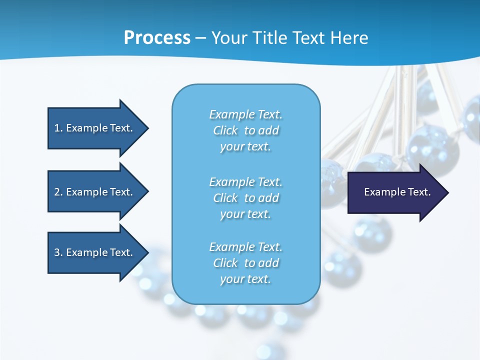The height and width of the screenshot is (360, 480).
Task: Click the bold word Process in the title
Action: coord(157,38)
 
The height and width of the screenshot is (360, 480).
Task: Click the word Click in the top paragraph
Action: coord(225,130)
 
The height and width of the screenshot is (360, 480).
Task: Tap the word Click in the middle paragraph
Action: coord(225,198)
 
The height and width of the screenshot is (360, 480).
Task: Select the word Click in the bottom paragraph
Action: coord(225,263)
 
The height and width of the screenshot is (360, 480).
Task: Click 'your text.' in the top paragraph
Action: coord(245,147)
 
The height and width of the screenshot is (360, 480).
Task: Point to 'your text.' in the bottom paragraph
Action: coord(245,279)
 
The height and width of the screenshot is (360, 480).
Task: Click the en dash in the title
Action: coord(201,38)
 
